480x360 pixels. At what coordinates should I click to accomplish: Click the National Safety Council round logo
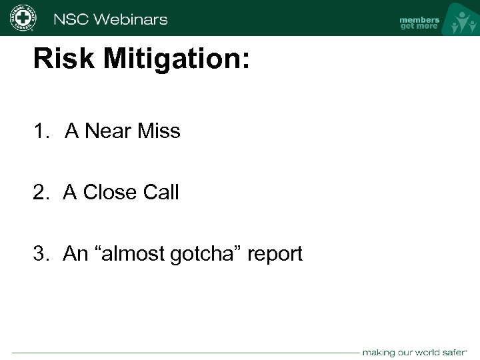point(23,18)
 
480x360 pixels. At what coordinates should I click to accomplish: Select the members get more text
point(419,23)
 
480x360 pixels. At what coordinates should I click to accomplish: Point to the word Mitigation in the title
point(174,59)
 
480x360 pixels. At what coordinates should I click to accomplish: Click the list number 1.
point(41,131)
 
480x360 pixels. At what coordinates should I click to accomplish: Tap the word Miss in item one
point(159,131)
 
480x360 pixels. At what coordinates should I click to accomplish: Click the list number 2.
point(41,193)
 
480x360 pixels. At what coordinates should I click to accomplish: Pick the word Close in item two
point(107,193)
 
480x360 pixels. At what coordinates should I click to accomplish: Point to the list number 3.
point(41,254)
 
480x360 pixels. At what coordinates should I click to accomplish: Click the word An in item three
point(73,254)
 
